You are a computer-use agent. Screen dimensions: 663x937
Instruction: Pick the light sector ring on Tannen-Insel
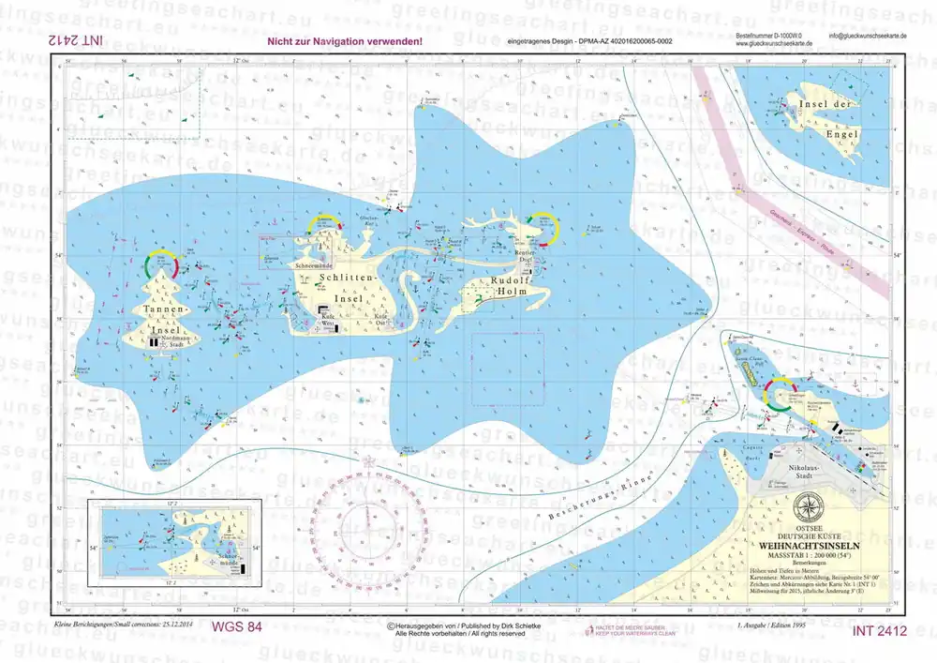tap(160, 264)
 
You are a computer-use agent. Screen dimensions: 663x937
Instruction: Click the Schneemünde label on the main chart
tap(313, 266)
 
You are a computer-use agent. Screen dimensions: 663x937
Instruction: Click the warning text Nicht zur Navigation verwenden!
tap(344, 42)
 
